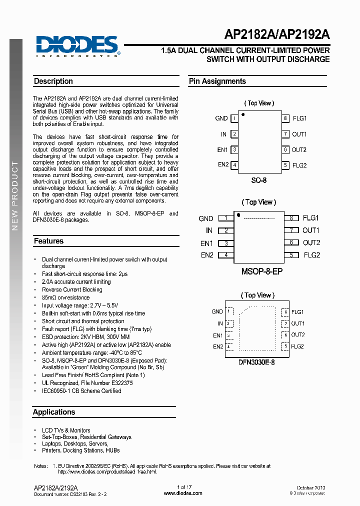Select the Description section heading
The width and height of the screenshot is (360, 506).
point(53,81)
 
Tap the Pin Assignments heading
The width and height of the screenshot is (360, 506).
point(217,81)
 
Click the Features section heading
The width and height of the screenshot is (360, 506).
point(49,241)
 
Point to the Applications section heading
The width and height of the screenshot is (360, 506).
point(54,412)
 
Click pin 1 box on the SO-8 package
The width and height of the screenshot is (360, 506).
point(234,118)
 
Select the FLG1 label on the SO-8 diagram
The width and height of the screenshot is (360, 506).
point(299,118)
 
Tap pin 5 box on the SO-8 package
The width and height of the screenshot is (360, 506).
point(285,165)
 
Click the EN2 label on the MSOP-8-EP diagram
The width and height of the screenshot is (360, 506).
point(207,255)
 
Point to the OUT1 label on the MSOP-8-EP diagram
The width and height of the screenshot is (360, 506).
point(311,230)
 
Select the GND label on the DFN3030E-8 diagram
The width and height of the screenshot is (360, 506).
point(217,311)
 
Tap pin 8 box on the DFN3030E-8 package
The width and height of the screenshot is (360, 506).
point(285,312)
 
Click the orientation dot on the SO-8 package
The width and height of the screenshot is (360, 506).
point(243,115)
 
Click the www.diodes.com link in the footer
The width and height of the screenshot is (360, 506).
point(183,493)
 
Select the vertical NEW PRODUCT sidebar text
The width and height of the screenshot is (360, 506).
point(15,195)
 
